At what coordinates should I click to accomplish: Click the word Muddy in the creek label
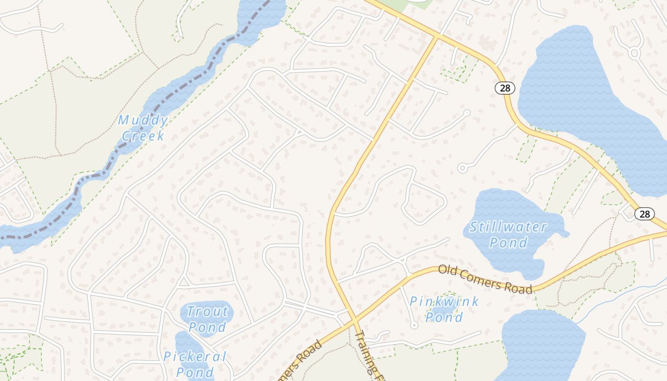143,120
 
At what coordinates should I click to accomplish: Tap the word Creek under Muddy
143,136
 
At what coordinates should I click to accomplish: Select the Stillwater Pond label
508,234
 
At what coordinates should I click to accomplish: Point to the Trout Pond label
207,319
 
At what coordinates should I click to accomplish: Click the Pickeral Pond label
195,364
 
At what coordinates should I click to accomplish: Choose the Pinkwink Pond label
444,309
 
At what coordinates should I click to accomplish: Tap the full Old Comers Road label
485,279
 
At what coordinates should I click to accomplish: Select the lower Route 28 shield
644,214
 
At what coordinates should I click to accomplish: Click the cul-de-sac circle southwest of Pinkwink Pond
414,325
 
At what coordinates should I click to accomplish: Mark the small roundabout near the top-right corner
634,53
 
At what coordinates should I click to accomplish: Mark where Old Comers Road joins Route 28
662,232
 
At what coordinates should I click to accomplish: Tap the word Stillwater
508,227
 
